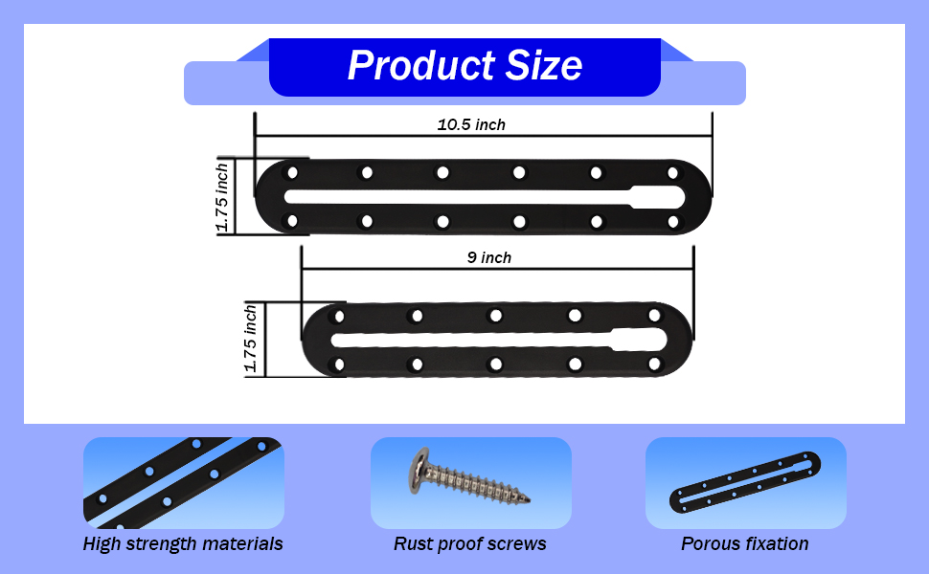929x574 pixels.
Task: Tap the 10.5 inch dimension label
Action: (471, 124)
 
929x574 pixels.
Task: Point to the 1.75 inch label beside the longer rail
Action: (222, 196)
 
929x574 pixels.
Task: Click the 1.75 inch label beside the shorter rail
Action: (251, 339)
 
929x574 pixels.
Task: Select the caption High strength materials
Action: (183, 543)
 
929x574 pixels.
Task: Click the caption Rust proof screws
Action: (469, 543)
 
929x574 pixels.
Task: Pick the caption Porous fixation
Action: (744, 543)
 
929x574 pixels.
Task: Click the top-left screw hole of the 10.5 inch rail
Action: (293, 172)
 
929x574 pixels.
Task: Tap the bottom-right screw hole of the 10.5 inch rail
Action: (672, 222)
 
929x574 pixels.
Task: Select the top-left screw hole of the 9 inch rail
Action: (336, 316)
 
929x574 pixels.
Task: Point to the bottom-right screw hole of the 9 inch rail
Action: (654, 364)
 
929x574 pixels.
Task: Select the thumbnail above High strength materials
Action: (183, 483)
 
